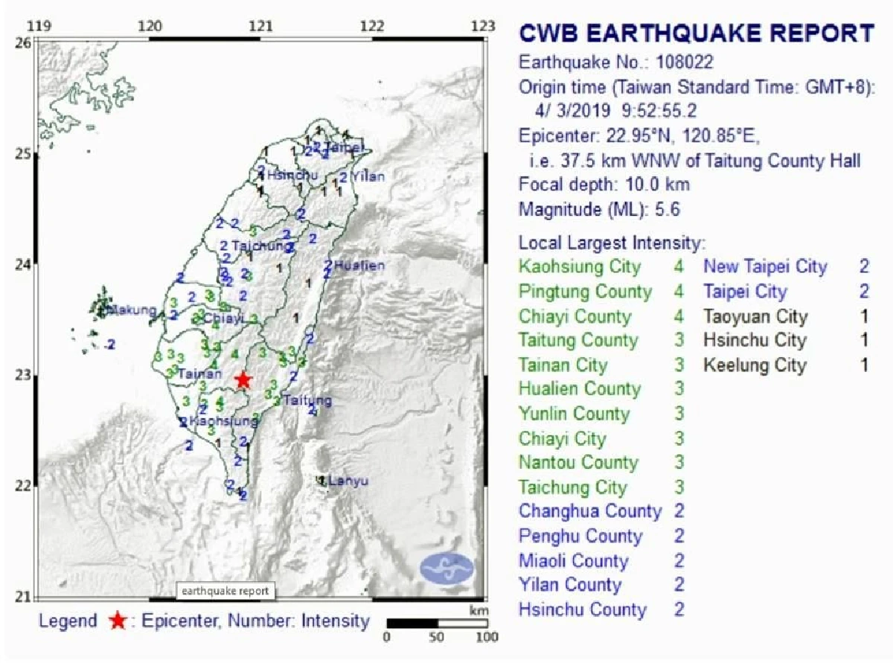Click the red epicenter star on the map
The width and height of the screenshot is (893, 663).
point(243,380)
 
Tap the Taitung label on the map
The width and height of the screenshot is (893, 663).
point(307,400)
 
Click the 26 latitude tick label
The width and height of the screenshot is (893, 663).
point(24,43)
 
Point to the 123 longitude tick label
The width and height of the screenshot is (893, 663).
point(484,26)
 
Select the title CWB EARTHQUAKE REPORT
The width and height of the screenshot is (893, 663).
point(696,33)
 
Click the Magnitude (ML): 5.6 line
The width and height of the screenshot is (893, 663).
point(599,210)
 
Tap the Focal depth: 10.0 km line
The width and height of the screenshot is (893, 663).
point(604,185)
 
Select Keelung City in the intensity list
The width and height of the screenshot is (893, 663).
point(755,365)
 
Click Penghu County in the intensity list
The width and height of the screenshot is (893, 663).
point(580,537)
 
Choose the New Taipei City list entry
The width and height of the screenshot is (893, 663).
point(765,266)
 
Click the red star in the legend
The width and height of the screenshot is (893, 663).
point(117,621)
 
